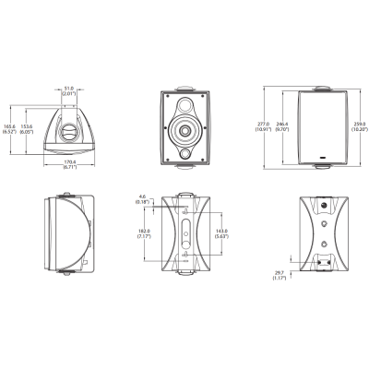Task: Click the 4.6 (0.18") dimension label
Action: (x=140, y=199)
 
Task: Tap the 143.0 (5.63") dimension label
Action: (x=221, y=234)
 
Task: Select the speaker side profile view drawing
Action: (x=69, y=234)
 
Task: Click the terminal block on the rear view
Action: (x=326, y=263)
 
